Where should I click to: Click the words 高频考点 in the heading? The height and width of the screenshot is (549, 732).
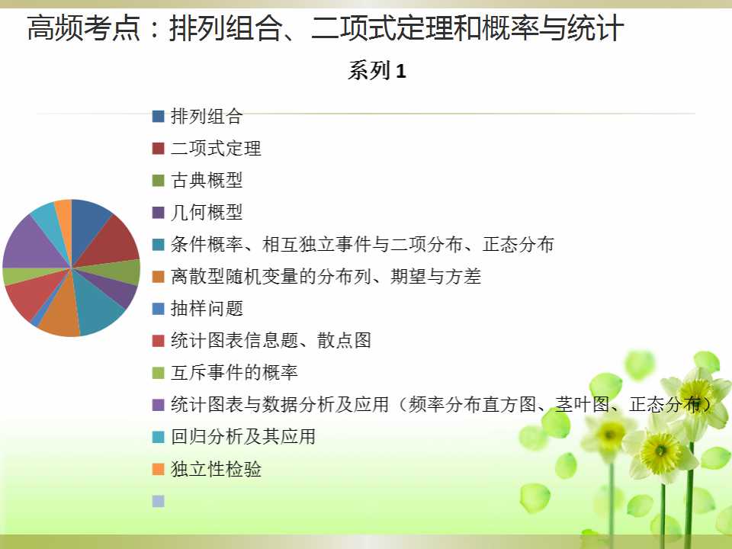tap(84, 28)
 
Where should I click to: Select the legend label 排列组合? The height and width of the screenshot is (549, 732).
tap(207, 116)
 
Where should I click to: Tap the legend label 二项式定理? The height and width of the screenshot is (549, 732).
tap(216, 149)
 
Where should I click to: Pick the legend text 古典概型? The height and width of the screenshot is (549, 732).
tap(207, 180)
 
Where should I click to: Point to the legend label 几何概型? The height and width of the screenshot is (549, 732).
tap(207, 213)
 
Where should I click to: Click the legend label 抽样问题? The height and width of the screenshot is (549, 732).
tap(207, 309)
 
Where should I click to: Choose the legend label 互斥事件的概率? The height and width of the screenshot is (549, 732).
tap(234, 373)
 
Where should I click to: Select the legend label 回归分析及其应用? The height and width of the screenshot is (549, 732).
tap(242, 436)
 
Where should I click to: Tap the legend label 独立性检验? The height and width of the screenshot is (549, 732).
tap(216, 469)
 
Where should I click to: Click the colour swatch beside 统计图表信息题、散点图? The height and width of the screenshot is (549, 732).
tap(159, 341)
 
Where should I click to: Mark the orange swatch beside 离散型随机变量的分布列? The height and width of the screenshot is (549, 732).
tap(159, 277)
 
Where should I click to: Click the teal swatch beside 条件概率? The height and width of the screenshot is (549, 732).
tap(159, 245)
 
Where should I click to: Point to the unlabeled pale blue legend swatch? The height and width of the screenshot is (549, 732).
tap(159, 501)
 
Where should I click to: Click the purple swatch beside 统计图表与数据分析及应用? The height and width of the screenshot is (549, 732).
tap(159, 405)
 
